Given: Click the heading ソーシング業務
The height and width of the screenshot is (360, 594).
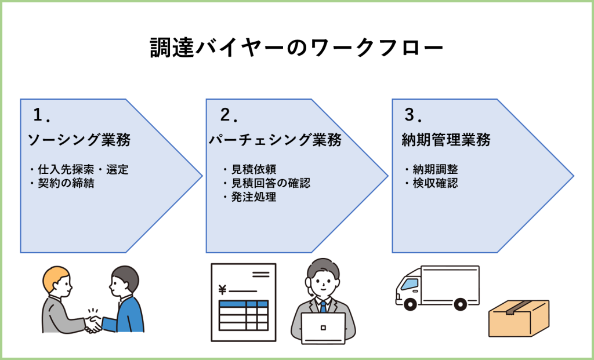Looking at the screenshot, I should [79, 140].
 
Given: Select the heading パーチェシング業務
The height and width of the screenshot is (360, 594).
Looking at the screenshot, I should [275, 140].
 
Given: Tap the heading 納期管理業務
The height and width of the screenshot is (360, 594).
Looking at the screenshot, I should [446, 140].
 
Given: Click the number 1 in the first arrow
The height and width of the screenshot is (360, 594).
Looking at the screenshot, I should [39, 115].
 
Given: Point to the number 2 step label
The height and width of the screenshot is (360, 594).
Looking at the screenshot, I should [225, 115].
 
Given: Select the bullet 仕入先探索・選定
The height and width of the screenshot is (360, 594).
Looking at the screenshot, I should [81, 170].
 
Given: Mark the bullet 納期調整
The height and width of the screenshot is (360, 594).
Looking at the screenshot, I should [435, 170].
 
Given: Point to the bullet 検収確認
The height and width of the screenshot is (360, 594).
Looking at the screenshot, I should [435, 184].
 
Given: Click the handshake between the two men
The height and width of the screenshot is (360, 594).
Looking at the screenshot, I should [93, 322].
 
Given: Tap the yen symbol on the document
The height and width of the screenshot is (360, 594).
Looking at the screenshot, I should [222, 290].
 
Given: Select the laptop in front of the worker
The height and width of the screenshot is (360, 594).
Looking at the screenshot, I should [323, 328].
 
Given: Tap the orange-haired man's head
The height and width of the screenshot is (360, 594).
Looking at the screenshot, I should [56, 281].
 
